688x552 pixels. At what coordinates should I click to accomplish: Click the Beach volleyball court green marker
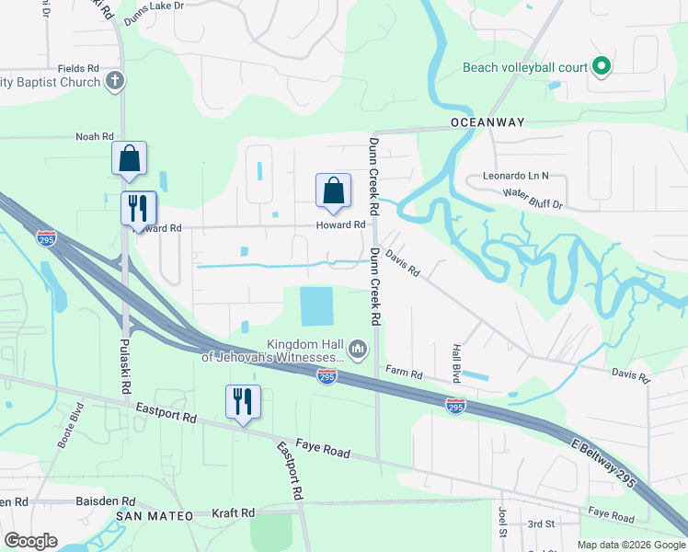[602, 66]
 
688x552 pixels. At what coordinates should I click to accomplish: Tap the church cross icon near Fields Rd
[115, 81]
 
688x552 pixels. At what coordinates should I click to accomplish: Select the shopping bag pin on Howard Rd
[333, 190]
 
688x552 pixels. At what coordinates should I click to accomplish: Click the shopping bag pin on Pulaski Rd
[130, 158]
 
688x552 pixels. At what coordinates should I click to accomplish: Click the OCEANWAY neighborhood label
[487, 122]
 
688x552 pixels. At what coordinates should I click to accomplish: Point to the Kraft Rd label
[233, 512]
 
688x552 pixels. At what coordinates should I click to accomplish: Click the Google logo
[31, 540]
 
